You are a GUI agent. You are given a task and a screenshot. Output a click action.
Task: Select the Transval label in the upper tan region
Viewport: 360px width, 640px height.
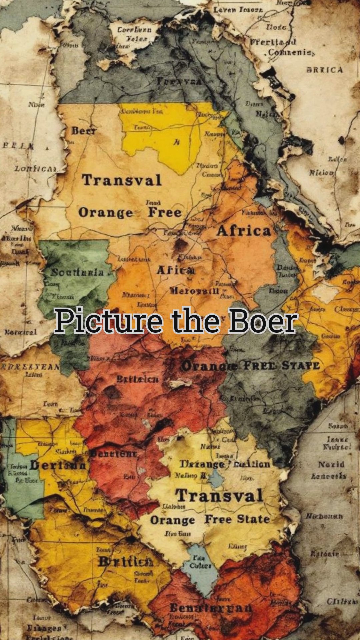point(122,180)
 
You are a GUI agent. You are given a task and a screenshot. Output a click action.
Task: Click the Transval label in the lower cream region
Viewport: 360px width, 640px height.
point(219,496)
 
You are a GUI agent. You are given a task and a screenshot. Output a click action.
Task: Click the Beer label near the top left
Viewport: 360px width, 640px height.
point(84,131)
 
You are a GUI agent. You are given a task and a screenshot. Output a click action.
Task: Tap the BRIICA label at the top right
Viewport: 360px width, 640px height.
point(324,70)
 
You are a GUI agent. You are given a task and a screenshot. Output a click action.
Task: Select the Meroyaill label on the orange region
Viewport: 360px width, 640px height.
point(194,291)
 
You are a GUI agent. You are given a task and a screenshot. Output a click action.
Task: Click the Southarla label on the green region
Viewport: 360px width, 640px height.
point(77,272)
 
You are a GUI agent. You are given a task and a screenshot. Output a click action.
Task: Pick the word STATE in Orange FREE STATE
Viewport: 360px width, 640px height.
point(301,365)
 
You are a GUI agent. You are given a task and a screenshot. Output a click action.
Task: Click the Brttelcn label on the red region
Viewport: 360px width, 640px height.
point(138,379)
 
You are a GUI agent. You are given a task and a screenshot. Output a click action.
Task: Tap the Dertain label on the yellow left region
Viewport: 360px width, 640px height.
point(58,465)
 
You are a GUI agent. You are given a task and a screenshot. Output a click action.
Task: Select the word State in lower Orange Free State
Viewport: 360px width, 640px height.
point(253,519)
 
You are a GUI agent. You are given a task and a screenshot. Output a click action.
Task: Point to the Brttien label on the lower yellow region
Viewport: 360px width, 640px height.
point(126,562)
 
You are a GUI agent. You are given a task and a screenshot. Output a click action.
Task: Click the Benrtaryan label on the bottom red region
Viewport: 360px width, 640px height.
point(211,608)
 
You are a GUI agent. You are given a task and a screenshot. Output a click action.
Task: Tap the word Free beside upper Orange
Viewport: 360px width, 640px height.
point(165,212)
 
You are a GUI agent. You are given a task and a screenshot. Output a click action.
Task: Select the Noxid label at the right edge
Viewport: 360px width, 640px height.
point(331,464)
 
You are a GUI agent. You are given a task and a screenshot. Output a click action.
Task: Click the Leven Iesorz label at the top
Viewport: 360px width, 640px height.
point(238,10)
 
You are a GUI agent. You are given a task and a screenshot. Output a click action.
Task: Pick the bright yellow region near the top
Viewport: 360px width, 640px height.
point(157,140)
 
